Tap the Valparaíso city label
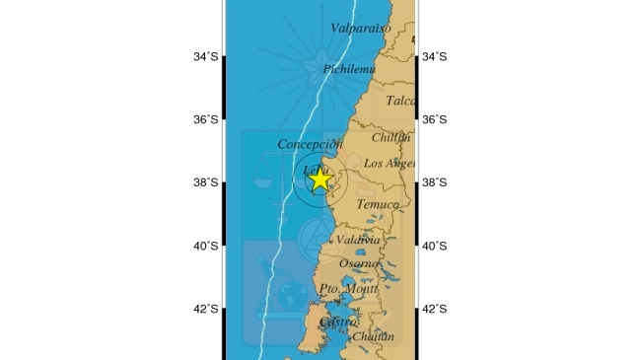[361, 28]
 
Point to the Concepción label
[309, 144]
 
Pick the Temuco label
[378, 204]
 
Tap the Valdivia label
[358, 240]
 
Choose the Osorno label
[360, 263]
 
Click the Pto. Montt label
[349, 289]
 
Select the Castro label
[338, 322]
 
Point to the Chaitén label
[373, 336]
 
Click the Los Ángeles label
[390, 163]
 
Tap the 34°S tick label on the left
[206, 57]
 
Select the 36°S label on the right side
[435, 119]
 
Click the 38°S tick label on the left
[206, 182]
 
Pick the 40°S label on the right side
[435, 246]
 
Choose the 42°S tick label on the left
[206, 309]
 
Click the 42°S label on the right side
[435, 309]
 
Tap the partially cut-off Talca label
[400, 101]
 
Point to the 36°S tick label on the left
[206, 119]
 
